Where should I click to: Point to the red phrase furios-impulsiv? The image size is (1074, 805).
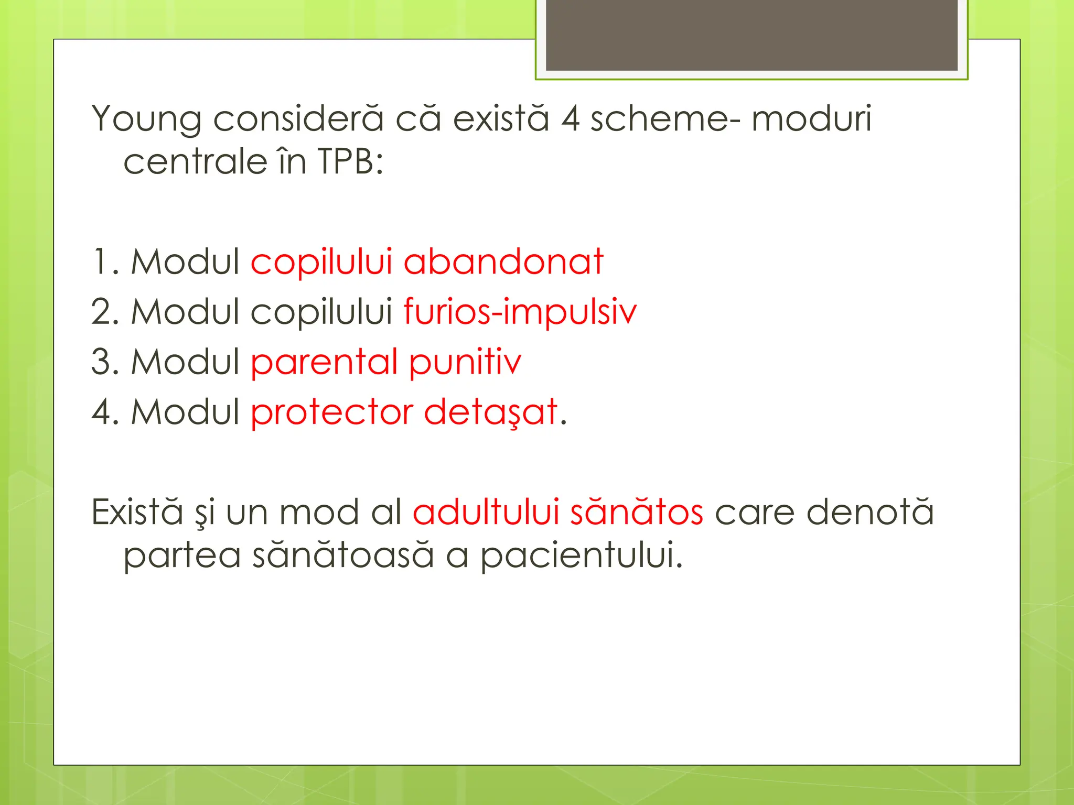tap(520, 312)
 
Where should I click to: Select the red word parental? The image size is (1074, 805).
tap(324, 363)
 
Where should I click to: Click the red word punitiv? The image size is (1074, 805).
tap(465, 363)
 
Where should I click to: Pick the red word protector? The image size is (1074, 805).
tap(332, 412)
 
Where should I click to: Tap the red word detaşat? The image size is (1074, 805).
tap(491, 412)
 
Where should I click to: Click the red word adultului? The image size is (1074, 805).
tap(486, 512)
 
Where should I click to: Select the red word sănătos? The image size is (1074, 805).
tap(637, 512)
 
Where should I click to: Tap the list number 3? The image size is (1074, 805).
tap(101, 362)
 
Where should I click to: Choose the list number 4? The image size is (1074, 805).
tap(101, 412)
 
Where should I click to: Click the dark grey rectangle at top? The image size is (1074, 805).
tap(751, 35)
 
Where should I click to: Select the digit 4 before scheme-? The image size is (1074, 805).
tap(571, 119)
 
